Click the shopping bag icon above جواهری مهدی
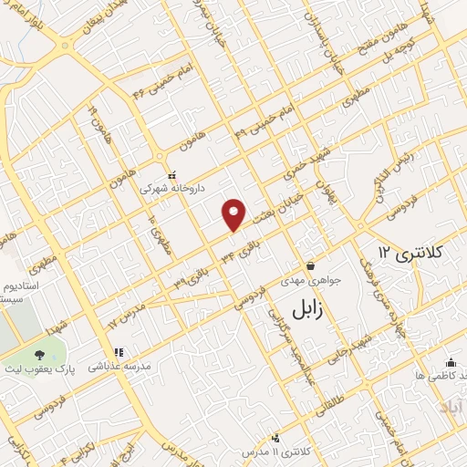(x=310, y=266)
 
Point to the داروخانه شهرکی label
(x=171, y=187)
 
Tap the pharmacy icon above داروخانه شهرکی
(x=171, y=174)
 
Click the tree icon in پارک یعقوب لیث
(x=38, y=355)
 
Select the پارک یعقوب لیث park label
(x=55, y=368)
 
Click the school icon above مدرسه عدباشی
(x=118, y=352)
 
